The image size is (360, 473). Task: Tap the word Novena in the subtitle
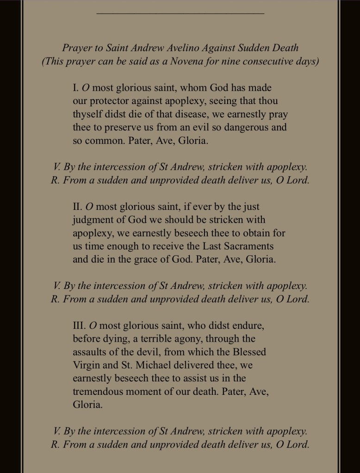coord(205,61)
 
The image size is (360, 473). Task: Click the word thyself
coord(88,114)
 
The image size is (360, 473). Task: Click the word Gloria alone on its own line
coord(87,404)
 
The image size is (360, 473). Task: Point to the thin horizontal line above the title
coord(180,13)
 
